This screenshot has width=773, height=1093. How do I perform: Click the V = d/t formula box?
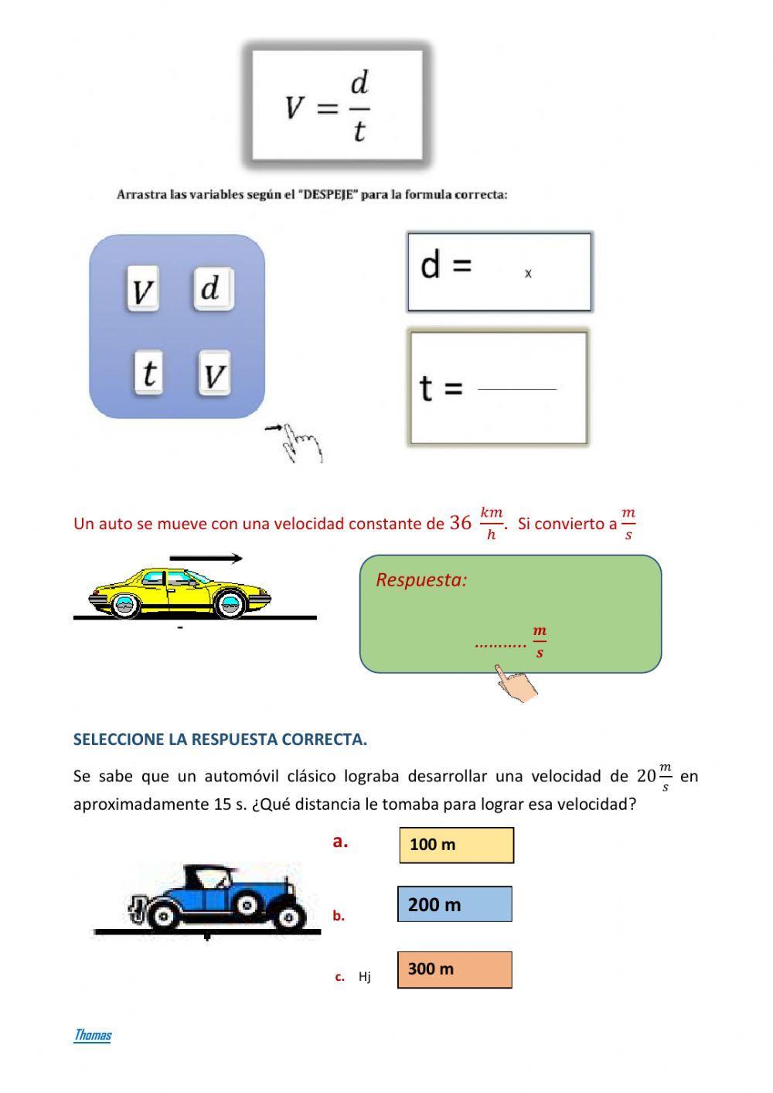pos(336,106)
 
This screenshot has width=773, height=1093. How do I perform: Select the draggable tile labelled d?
pos(213,289)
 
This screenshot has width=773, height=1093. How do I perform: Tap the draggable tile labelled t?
pos(148,373)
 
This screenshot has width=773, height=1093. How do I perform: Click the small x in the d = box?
pos(528,273)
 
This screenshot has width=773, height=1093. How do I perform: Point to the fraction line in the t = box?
pos(517,389)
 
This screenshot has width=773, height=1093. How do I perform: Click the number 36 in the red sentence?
pos(460,524)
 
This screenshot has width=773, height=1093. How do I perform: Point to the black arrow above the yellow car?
pos(206,558)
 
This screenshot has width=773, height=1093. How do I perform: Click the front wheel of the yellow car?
pos(230,604)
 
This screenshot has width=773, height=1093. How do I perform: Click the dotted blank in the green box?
pos(500,643)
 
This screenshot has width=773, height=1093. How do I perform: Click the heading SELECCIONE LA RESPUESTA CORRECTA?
pos(220,739)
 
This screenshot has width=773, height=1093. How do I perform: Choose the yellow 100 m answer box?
pos(456,845)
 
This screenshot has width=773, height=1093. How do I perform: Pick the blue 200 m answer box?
pos(455,904)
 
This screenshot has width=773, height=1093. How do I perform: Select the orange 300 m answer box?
pos(455,969)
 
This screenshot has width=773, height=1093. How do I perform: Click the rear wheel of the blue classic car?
pos(164,916)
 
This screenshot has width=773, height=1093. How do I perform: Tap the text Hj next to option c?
pos(364,977)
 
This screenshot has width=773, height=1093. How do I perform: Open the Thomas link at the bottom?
pos(93,1035)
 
